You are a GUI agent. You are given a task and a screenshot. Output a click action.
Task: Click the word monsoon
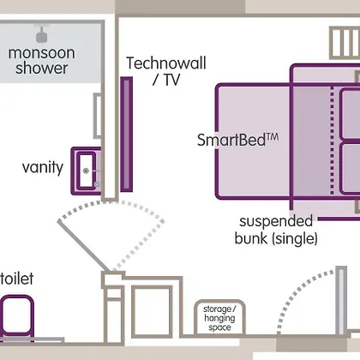click(x=41, y=53)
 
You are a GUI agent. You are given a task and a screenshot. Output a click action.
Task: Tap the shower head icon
click(x=42, y=34)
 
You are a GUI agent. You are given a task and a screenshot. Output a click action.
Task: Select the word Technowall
click(x=166, y=63)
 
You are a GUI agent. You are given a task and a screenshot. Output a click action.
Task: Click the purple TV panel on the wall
click(x=126, y=135)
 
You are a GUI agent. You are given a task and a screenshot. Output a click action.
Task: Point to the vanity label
click(x=43, y=167)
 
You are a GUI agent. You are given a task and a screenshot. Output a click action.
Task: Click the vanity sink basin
click(x=86, y=171)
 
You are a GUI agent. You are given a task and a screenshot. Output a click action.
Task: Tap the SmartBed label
click(x=231, y=140)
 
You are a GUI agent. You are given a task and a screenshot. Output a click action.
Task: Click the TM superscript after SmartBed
click(x=273, y=136)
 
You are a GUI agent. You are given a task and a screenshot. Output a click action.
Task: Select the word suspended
click(x=276, y=222)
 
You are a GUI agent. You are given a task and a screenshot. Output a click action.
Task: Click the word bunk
click(x=251, y=238)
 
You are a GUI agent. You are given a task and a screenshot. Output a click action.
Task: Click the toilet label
click(x=17, y=279)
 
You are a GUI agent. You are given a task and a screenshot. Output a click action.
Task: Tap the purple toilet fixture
click(x=17, y=317)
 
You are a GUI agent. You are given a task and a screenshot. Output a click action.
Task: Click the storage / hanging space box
click(x=219, y=317)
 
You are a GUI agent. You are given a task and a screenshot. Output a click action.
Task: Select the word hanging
click(x=219, y=318)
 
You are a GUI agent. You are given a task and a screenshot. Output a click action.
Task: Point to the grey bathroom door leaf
click(x=83, y=245)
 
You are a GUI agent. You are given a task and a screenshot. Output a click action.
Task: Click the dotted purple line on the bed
click(x=332, y=141)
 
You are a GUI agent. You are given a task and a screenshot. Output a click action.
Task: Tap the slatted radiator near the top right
click(x=345, y=43)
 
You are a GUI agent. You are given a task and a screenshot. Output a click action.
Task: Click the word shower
click(x=42, y=69)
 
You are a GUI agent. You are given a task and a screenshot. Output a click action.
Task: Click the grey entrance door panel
click(x=341, y=301)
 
